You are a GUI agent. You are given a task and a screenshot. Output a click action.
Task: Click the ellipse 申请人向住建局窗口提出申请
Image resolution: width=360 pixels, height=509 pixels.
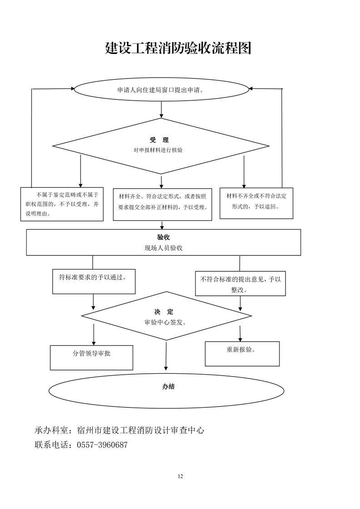tap(161, 89)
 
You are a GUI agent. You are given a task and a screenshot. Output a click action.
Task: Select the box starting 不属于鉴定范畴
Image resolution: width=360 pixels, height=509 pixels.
tap(62, 204)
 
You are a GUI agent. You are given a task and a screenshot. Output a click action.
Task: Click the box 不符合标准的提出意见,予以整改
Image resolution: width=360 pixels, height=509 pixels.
tap(240, 284)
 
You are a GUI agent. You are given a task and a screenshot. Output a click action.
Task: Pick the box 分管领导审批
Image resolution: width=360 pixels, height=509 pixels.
tap(91, 357)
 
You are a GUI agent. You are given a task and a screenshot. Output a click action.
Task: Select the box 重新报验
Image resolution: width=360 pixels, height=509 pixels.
tap(242, 353)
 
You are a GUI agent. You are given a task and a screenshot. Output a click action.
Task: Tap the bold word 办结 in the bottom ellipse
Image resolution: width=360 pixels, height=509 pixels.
tap(168, 387)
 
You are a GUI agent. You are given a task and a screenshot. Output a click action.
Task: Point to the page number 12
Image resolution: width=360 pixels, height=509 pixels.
tap(180, 476)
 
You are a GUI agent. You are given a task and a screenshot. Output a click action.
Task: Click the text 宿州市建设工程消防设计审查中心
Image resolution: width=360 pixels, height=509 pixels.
tap(141, 430)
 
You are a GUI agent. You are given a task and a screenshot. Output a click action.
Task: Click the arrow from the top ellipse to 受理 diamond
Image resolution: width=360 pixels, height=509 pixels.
tap(162, 109)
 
